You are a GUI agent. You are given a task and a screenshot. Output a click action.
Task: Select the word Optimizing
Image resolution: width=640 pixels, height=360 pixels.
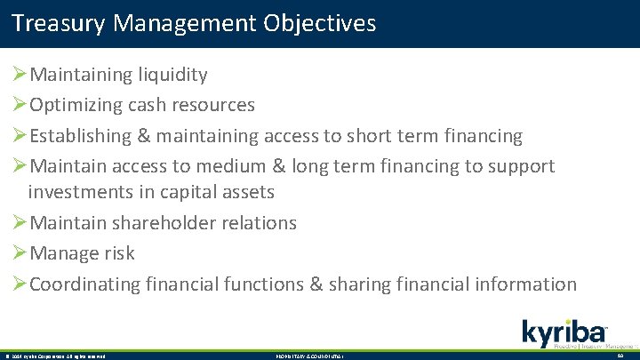point(77,105)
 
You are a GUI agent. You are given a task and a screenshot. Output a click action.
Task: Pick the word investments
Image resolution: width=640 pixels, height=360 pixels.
point(79,192)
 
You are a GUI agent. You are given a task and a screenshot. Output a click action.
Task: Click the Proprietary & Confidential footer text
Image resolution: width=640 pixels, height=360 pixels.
point(310,356)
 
